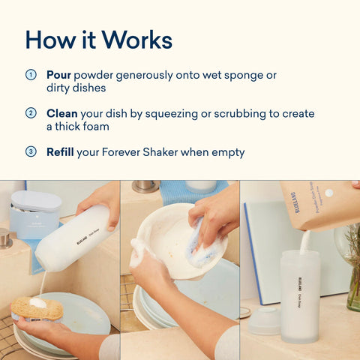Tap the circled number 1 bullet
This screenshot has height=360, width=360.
[x=31, y=75]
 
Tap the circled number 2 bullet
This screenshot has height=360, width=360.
[x=31, y=113]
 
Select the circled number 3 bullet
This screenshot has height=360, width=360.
[x=31, y=151]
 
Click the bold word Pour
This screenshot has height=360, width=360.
[x=58, y=75]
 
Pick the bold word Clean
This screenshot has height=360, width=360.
[x=61, y=113]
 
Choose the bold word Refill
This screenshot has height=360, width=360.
[x=60, y=151]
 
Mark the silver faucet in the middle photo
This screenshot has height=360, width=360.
[x=145, y=185]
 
